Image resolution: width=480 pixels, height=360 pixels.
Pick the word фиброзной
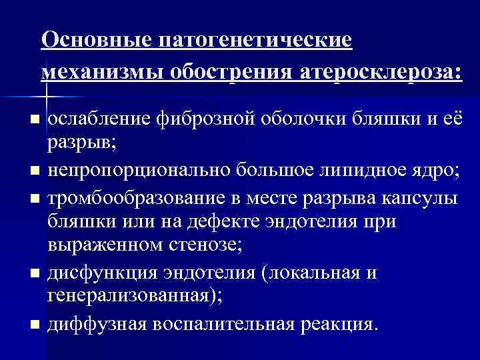(x=201, y=120)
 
